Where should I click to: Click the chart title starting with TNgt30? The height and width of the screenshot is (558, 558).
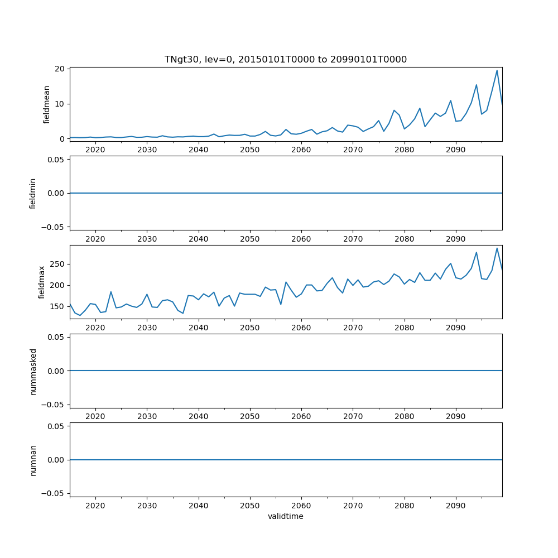click(x=285, y=59)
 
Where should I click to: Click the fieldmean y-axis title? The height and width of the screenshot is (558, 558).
click(x=47, y=104)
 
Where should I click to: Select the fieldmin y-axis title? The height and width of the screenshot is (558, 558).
click(x=33, y=193)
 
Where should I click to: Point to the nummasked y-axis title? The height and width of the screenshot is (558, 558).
click(x=33, y=371)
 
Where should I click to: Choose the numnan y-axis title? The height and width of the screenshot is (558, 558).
click(x=33, y=460)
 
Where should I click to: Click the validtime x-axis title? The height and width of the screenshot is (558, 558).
click(x=285, y=516)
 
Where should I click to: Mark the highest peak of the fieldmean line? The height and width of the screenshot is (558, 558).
click(x=497, y=70)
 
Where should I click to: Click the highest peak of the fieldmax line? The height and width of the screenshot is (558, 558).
click(x=497, y=248)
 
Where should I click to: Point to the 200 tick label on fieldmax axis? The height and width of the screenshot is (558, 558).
click(x=58, y=285)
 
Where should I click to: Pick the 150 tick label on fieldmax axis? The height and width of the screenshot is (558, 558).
click(x=58, y=306)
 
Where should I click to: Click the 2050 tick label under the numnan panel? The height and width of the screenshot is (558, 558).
click(x=250, y=505)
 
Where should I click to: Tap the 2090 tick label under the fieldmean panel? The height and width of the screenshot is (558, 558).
click(x=456, y=150)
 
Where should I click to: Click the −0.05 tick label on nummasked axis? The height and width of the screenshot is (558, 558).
click(x=54, y=405)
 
